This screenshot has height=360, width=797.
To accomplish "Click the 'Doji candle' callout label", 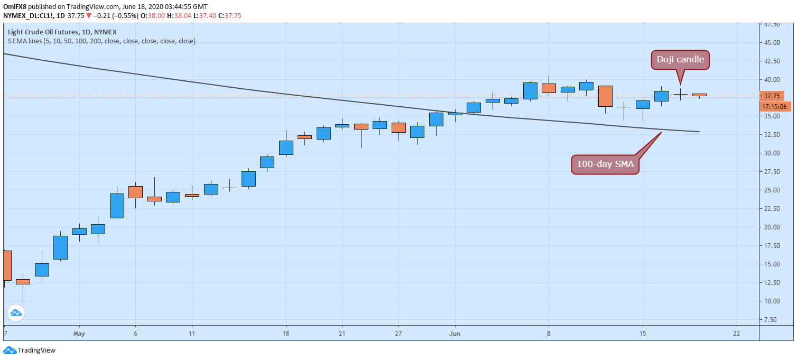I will click(680, 59).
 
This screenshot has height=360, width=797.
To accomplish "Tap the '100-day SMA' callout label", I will click(605, 164).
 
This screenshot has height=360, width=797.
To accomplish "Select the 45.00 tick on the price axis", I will click(772, 43).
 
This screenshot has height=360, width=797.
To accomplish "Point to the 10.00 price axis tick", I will click(772, 301).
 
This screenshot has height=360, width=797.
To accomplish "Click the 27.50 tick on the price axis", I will click(772, 172).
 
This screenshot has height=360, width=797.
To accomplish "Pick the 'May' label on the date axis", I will click(79, 334).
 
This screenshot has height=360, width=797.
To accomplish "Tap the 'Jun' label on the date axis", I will click(455, 334).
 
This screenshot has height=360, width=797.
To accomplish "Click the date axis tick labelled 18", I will click(286, 334).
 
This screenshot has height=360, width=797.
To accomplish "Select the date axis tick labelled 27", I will click(398, 334).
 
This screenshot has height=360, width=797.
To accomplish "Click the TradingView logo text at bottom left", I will click(36, 350).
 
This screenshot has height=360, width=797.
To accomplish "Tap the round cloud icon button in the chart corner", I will click(16, 313).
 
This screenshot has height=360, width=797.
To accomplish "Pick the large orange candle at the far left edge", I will click(7, 265).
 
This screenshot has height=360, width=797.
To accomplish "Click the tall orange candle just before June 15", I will click(605, 96).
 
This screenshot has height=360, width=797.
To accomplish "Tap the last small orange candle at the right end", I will click(699, 95).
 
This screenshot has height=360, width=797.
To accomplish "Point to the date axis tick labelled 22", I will click(736, 334).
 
